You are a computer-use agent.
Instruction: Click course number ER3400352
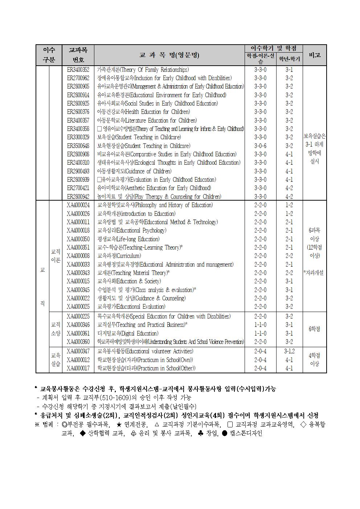[x=78, y=70]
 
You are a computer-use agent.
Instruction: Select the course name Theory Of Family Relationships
[x=143, y=70]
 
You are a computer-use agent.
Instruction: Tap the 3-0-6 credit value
[x=260, y=146]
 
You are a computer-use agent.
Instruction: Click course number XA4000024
[x=78, y=205]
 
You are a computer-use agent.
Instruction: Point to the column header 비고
[x=314, y=55]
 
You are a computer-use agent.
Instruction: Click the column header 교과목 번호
[x=78, y=55]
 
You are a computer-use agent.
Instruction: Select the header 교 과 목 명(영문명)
[x=169, y=55]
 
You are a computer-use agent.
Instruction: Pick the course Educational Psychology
[x=132, y=230]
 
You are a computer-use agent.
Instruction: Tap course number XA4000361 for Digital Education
[x=78, y=333]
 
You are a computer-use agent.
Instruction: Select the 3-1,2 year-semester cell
[x=289, y=351]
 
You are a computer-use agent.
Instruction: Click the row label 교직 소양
[x=56, y=329]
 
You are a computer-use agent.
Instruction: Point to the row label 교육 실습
[x=56, y=360]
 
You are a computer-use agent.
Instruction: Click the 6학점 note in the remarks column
[x=314, y=329]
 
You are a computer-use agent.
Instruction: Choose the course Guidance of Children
[x=134, y=171]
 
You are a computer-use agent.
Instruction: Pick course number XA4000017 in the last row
[x=78, y=368]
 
